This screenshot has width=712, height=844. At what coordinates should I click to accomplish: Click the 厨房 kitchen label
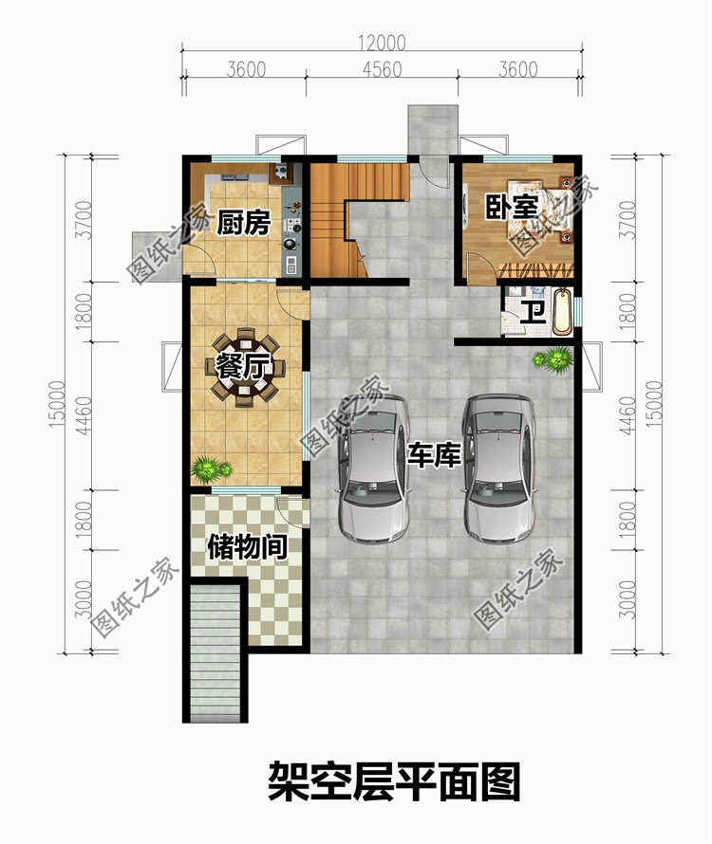243,223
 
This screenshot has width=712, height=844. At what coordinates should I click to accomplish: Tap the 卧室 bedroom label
512,208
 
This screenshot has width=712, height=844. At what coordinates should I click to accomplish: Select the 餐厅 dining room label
242,367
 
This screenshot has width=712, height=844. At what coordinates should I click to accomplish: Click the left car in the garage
374,468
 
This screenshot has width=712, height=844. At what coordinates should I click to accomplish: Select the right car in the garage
498,468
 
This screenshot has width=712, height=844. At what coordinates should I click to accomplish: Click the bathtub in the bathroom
562,312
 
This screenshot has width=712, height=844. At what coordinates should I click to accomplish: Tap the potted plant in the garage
553,359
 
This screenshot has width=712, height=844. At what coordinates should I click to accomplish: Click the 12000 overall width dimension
382,43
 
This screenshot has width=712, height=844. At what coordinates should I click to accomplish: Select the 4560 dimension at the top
382,69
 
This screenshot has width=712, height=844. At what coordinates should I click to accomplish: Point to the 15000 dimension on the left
57,405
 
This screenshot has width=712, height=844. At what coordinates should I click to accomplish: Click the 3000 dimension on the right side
627,599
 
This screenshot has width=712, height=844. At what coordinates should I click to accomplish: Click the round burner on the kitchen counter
290,244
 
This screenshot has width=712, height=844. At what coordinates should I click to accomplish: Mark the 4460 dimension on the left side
83,415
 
